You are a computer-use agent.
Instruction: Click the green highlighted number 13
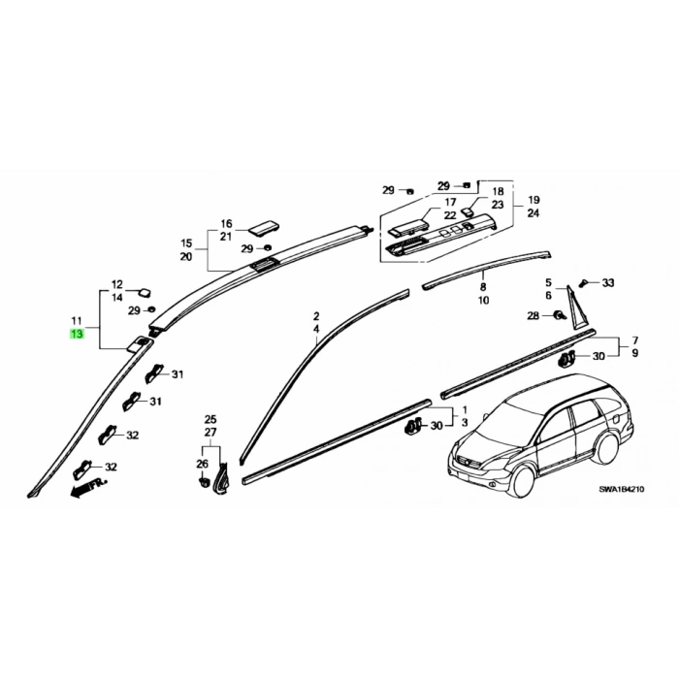click(x=77, y=334)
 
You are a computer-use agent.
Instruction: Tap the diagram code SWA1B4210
click(x=622, y=489)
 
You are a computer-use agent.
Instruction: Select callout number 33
click(x=608, y=283)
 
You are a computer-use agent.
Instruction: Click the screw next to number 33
click(x=585, y=283)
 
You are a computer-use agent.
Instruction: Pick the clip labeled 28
click(x=559, y=315)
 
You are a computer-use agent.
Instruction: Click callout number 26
click(x=202, y=464)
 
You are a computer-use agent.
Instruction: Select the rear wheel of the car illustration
click(x=606, y=448)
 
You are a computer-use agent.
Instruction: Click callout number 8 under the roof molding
click(x=483, y=287)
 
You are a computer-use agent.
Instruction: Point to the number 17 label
click(x=450, y=202)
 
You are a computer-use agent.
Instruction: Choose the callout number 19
click(x=533, y=200)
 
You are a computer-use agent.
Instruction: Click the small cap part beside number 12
click(x=145, y=292)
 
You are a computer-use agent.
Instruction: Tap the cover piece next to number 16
click(x=263, y=229)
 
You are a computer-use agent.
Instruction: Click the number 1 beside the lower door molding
click(x=465, y=409)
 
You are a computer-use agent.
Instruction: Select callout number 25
click(x=210, y=419)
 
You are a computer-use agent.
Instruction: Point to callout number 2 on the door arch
click(x=316, y=315)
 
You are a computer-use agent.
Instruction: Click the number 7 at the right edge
click(x=634, y=340)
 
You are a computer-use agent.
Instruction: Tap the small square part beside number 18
click(x=468, y=210)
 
